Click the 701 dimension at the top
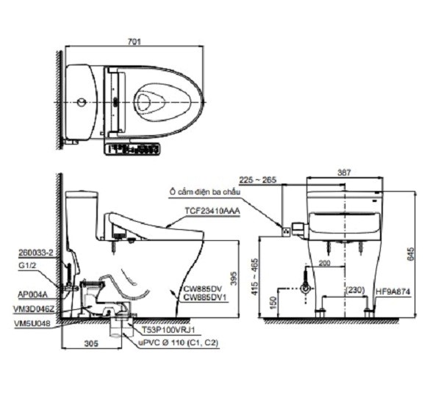(x=133, y=42)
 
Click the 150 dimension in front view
(x=273, y=301)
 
